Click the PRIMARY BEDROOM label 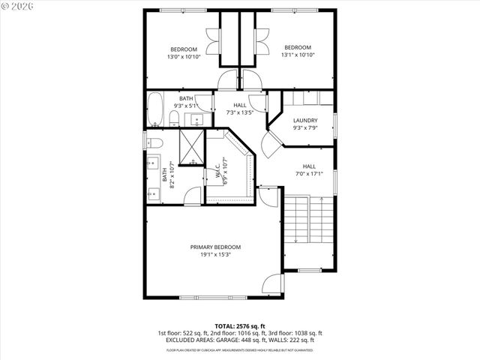tap(215, 247)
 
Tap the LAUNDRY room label tap(305, 120)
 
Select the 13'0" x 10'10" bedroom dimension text tap(183, 56)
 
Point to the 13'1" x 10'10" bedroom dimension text tap(297, 55)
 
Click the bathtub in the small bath tap(156, 109)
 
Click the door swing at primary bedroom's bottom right tap(273, 284)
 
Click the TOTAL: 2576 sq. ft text tap(240, 325)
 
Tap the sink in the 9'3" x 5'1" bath tap(198, 118)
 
